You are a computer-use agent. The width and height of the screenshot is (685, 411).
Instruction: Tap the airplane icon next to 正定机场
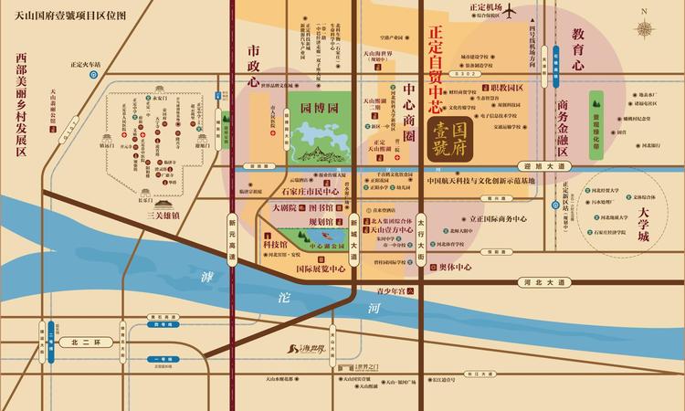pos(510,10)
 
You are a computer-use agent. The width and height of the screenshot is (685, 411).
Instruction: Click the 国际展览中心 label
pos(320,269)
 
